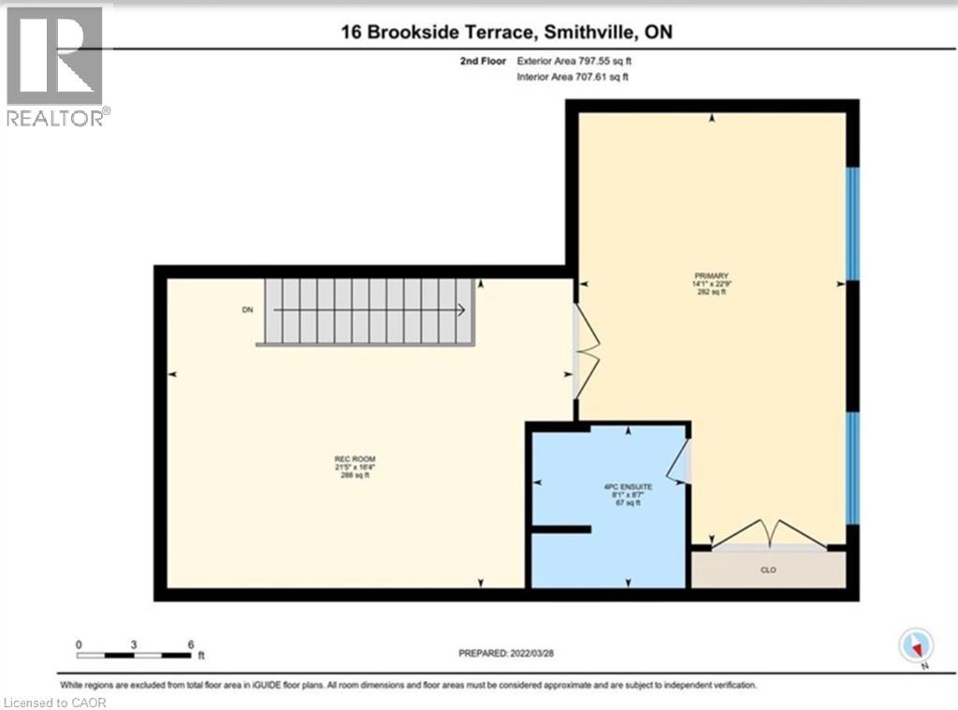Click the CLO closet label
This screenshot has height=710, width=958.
click(x=768, y=569)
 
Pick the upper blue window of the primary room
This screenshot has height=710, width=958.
click(x=852, y=224)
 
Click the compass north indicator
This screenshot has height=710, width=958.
click(x=916, y=646)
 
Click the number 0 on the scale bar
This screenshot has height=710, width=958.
click(x=80, y=645)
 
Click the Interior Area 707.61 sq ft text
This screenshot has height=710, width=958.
click(x=573, y=78)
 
